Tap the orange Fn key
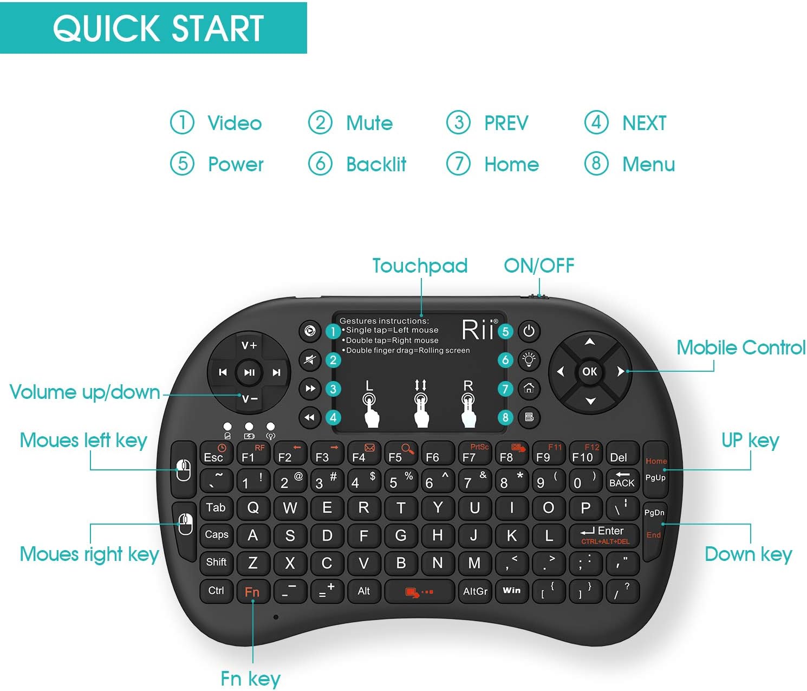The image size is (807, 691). click(x=252, y=591)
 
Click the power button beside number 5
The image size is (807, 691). click(x=529, y=331)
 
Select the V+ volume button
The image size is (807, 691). click(x=249, y=345)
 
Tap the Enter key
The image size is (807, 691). click(x=605, y=534)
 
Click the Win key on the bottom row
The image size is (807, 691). click(x=511, y=590)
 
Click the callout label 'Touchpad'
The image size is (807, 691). click(x=420, y=266)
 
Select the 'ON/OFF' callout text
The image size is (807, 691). click(x=539, y=266)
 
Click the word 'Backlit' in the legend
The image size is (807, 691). click(x=376, y=164)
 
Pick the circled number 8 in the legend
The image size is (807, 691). click(x=596, y=163)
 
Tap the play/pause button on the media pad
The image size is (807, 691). click(x=249, y=372)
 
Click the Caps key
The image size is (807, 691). click(x=217, y=534)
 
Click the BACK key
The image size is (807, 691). click(x=621, y=480)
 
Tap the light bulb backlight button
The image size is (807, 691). click(x=529, y=359)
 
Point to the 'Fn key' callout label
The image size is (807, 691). click(x=250, y=679)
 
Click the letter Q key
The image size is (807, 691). click(x=253, y=508)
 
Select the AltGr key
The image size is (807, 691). click(x=475, y=591)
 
